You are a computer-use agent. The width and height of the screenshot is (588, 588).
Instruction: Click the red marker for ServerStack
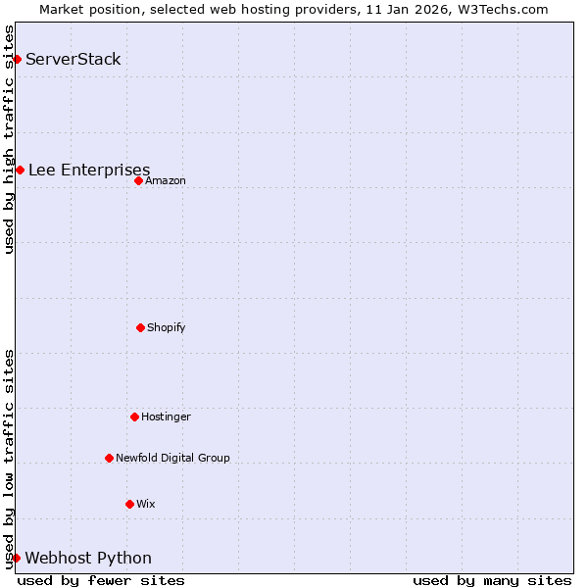pos(17,59)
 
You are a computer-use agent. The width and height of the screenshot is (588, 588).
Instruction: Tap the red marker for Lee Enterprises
pos(20,170)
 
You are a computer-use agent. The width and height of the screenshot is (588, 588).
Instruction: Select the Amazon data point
pos(138,180)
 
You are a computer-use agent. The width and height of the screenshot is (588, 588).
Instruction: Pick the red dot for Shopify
pos(140,327)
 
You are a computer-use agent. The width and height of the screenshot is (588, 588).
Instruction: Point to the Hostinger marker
pos(134,416)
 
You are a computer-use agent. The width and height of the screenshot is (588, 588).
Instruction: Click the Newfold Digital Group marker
pos(109,458)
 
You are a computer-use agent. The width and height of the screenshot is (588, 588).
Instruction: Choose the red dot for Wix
pos(129,504)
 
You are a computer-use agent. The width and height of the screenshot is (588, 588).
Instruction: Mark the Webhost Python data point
pos(16,558)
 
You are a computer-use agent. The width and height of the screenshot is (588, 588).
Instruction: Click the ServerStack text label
pos(73,59)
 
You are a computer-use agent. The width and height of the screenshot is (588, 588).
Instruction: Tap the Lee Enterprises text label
pos(89,170)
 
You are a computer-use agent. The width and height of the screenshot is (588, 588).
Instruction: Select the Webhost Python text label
pos(88,558)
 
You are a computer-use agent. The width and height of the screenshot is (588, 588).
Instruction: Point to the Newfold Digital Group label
pos(172,458)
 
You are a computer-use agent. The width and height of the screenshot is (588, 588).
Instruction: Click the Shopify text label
pos(167,327)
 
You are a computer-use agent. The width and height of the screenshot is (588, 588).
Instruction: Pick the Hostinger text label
pos(166,416)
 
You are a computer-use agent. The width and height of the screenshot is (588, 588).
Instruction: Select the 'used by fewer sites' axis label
pos(101,580)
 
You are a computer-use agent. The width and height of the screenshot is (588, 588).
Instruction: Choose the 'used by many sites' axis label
pos(492,580)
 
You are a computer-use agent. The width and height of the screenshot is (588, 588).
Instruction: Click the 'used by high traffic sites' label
pos(9,139)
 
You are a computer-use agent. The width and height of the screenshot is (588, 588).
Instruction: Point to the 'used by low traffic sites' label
pos(9,459)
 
